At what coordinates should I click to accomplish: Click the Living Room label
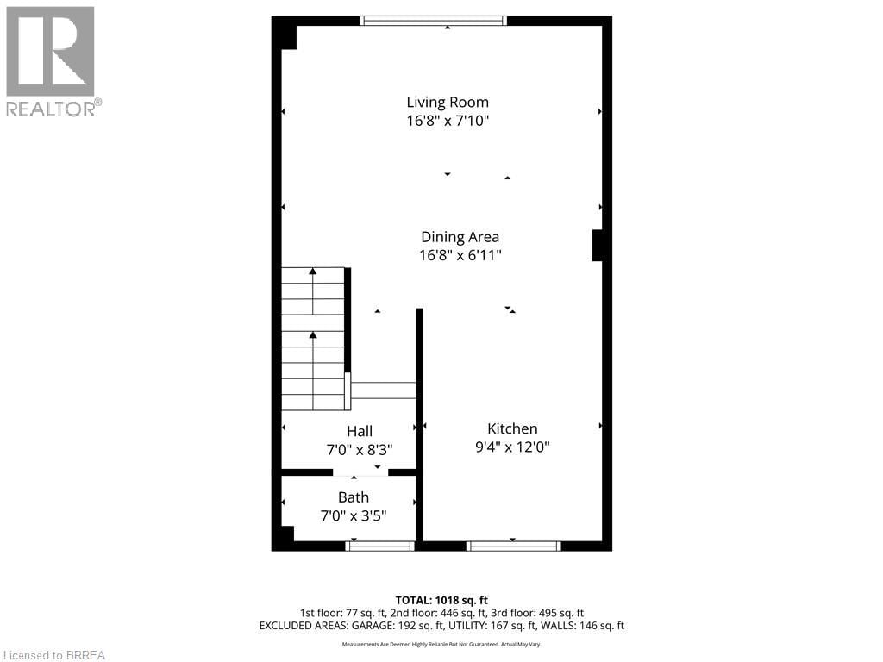(448, 102)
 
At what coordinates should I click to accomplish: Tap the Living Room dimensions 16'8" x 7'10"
(448, 122)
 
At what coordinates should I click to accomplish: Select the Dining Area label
(460, 236)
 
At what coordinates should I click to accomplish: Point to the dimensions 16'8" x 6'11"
(460, 255)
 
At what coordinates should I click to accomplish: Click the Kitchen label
(512, 428)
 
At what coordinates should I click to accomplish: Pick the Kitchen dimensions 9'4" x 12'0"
(512, 447)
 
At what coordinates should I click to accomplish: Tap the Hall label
(360, 431)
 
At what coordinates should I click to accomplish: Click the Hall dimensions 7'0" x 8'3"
(360, 449)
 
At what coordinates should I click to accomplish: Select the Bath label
(354, 497)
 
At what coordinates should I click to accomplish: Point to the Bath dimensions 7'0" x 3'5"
(354, 516)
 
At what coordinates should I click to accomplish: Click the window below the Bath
(379, 546)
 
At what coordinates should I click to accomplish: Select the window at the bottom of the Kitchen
(513, 546)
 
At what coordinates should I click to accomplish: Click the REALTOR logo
(51, 60)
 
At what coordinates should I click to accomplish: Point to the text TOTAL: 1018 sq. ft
(441, 600)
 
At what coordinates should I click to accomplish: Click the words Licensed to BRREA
(53, 655)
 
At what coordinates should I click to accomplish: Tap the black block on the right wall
(598, 245)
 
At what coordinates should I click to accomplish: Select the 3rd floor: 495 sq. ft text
(544, 613)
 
